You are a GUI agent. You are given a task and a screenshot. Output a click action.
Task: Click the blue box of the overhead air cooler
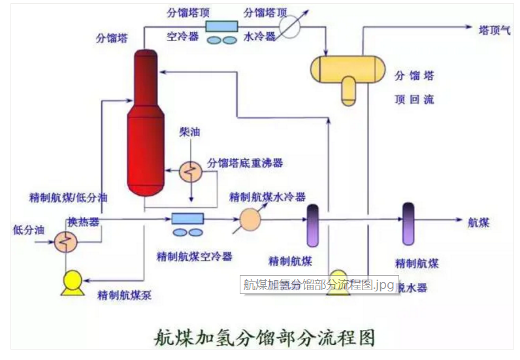point(221,25)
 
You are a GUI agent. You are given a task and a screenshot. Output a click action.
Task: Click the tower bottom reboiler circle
point(190,172)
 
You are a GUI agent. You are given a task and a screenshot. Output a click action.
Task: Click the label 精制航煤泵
point(125,295)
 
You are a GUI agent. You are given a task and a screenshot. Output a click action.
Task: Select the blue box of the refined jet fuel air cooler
point(187,218)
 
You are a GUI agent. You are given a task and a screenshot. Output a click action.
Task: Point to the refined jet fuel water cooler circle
point(250,220)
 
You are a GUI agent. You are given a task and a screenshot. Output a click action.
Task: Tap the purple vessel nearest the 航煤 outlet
point(408,224)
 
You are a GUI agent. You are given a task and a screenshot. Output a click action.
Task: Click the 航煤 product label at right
point(479,222)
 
